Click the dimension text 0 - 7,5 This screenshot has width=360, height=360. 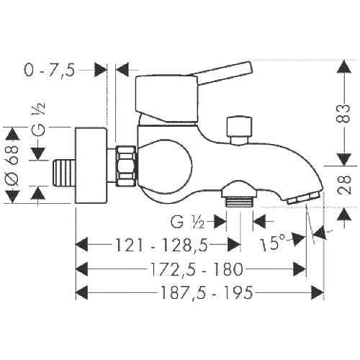pyautogui.click(x=50, y=70)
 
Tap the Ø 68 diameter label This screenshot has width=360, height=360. pyautogui.click(x=12, y=166)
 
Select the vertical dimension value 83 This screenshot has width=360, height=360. pyautogui.click(x=345, y=113)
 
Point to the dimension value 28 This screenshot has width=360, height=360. pyautogui.click(x=345, y=185)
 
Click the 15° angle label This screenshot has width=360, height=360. pyautogui.click(x=273, y=243)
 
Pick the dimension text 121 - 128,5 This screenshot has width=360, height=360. pyautogui.click(x=162, y=245)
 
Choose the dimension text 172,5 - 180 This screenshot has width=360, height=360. pyautogui.click(x=197, y=269)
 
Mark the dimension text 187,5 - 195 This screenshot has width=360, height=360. pyautogui.click(x=207, y=292)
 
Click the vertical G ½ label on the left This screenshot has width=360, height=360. pyautogui.click(x=39, y=118)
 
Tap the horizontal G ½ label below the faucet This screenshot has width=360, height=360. pyautogui.click(x=187, y=222)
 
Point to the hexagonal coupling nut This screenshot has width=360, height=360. pyautogui.click(x=126, y=166)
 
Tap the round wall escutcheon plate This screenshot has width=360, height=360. pyautogui.click(x=91, y=166)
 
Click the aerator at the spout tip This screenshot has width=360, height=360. pyautogui.click(x=304, y=197)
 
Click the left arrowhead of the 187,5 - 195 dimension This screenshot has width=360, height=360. pyautogui.click(x=81, y=292)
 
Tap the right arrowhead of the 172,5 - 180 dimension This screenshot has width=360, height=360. pyautogui.click(x=300, y=269)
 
